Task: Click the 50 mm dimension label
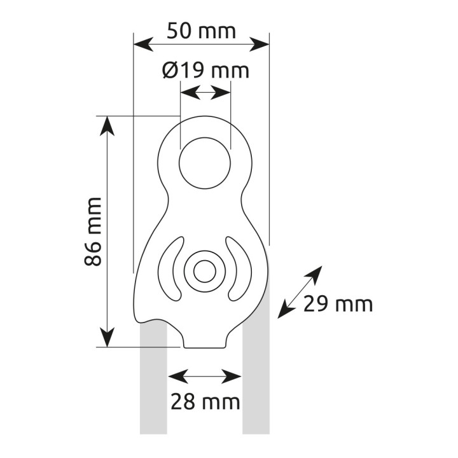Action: click(201, 32)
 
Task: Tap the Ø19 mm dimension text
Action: click(205, 71)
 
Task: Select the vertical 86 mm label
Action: click(93, 232)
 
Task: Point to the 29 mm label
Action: click(338, 304)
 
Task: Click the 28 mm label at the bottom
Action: click(205, 401)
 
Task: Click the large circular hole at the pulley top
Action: click(205, 163)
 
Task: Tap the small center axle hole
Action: click(205, 272)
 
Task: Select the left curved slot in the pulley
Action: click(171, 269)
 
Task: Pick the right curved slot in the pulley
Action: click(239, 269)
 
